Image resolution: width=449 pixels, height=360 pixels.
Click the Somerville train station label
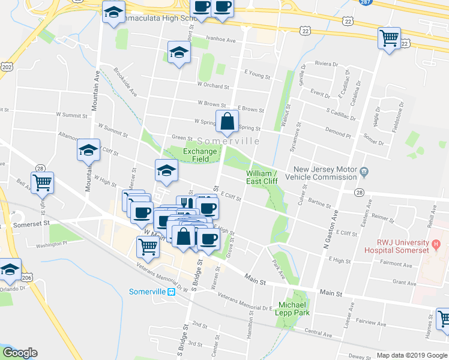click(147, 292)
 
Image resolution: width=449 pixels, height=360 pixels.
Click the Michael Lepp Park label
click(292, 308)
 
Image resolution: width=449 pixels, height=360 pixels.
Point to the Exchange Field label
click(200, 155)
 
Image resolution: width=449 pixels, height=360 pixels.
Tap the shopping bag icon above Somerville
click(228, 122)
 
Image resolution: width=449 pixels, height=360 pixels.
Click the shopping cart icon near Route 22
click(389, 38)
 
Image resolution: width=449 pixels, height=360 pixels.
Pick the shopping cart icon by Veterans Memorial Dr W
click(148, 246)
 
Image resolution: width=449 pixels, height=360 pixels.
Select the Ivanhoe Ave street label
click(221, 40)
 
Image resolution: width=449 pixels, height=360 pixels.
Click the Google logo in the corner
click(20, 353)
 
